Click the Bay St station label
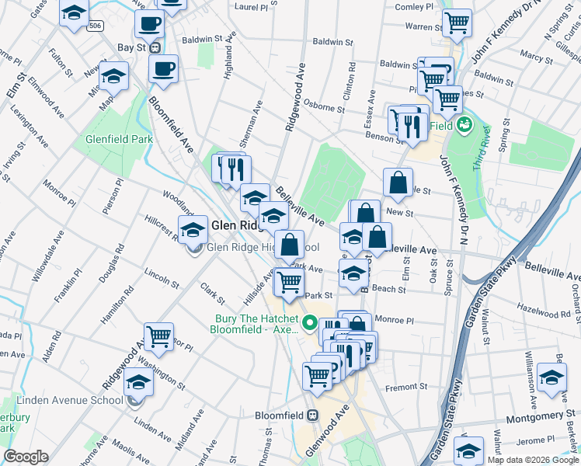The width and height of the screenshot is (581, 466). [x=131, y=47]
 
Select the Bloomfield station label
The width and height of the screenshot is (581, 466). [x=282, y=415]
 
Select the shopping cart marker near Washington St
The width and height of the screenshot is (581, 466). [x=158, y=336]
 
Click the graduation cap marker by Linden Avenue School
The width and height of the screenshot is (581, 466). [x=139, y=382]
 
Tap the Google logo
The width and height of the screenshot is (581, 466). [x=26, y=457]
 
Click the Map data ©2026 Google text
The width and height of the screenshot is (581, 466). [x=532, y=460]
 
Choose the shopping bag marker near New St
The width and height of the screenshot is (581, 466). [x=397, y=183]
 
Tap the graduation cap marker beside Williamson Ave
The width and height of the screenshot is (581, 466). [x=552, y=378]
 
